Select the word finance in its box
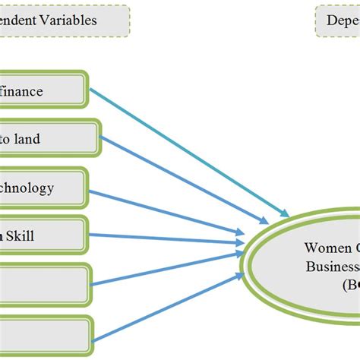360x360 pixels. tap(22, 91)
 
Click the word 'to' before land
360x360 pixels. tap(6, 139)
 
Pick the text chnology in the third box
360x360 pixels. tap(27, 187)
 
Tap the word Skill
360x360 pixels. tap(21, 235)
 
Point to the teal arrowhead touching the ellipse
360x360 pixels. tap(284, 211)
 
